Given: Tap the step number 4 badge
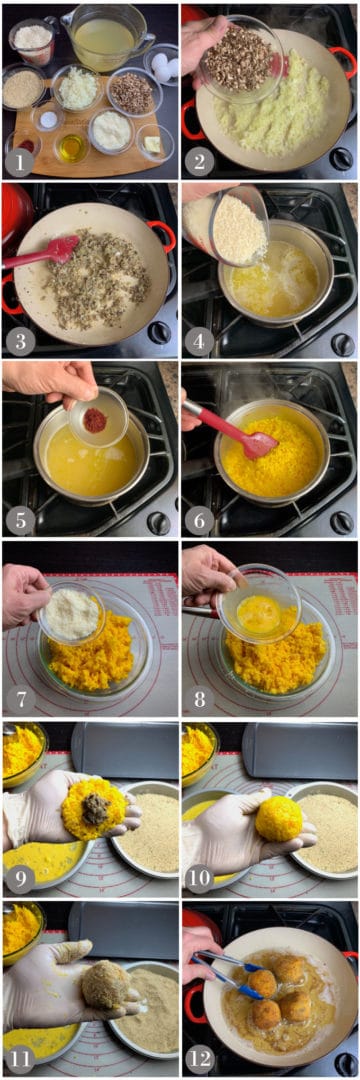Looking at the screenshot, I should click(x=198, y=339).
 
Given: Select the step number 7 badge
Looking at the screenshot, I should click(x=19, y=700).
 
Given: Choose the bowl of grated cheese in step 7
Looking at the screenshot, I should click(x=70, y=613).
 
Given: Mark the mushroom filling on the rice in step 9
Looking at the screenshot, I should click(x=95, y=808).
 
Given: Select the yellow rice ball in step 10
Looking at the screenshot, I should click(x=279, y=818).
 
